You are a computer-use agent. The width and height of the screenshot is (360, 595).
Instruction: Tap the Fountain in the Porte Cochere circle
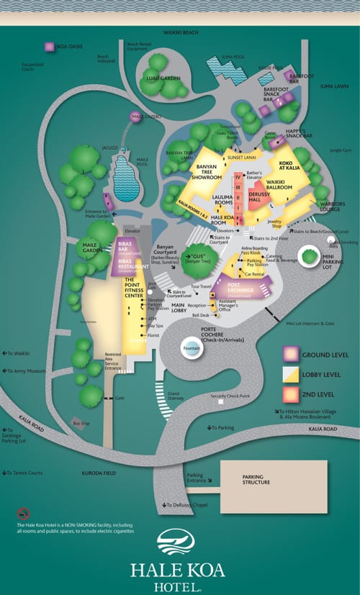[190, 349]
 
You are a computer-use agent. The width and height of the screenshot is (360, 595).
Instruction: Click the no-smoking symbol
[23, 514]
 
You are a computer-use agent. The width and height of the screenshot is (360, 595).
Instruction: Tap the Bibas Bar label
[129, 248]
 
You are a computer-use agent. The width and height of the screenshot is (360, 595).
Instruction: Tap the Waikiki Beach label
[180, 32]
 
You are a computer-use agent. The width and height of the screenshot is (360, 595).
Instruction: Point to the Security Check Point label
[230, 396]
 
